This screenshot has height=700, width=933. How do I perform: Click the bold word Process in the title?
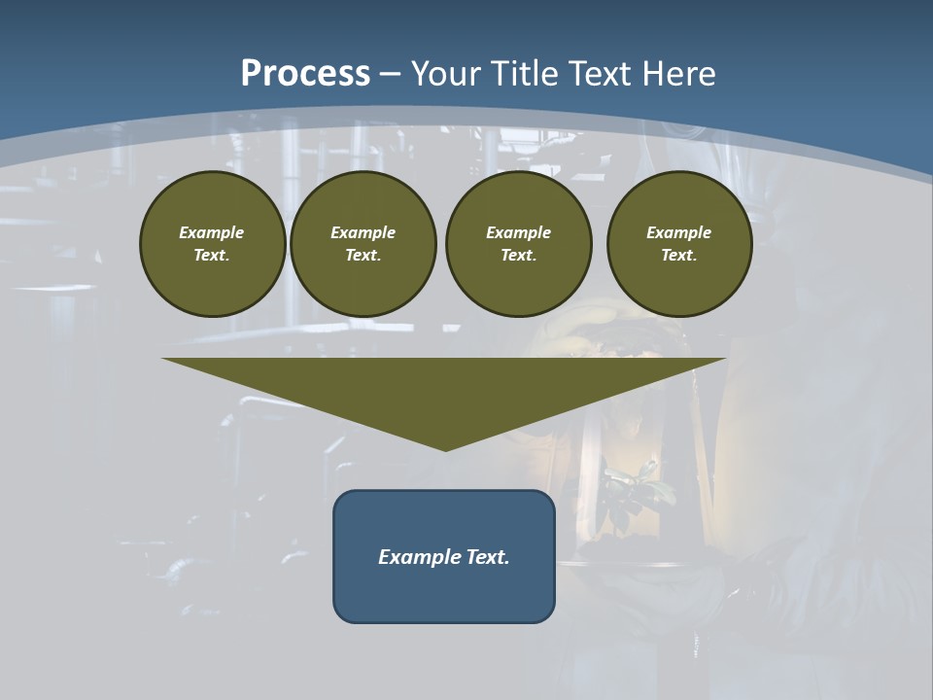[305, 73]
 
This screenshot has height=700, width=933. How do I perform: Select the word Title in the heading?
[524, 74]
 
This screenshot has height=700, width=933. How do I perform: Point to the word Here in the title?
[679, 74]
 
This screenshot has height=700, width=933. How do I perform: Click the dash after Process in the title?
[390, 74]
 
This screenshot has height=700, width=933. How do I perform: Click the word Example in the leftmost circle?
[212, 232]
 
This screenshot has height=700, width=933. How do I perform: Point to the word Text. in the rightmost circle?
[678, 255]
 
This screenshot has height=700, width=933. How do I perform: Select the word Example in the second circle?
[363, 232]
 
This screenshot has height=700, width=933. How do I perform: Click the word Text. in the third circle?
[518, 255]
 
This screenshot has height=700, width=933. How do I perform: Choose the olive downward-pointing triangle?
[444, 389]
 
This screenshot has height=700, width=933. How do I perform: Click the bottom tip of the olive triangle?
[445, 448]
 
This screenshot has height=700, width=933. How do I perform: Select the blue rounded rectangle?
[444, 593]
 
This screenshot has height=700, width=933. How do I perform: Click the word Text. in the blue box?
[488, 557]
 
